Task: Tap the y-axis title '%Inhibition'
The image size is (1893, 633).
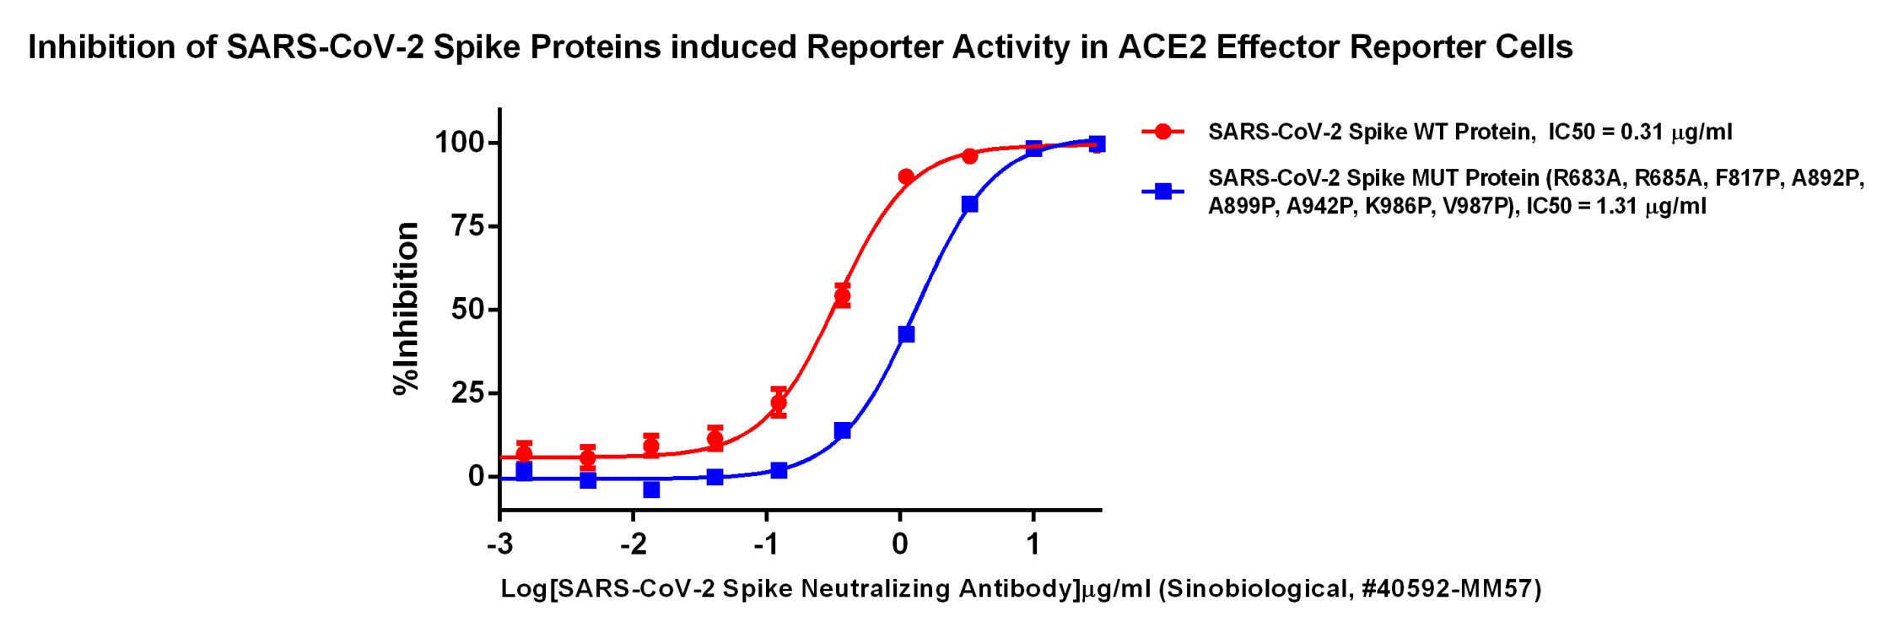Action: (x=407, y=308)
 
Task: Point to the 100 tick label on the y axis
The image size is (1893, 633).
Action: (x=460, y=143)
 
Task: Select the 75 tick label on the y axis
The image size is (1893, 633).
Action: (x=468, y=226)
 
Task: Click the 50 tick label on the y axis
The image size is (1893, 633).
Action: (x=468, y=310)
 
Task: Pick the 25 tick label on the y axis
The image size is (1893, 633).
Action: (x=468, y=393)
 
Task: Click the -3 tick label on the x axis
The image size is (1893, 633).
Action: (x=499, y=545)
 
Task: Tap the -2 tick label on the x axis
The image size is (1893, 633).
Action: (x=633, y=545)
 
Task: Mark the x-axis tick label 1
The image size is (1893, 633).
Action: (x=1033, y=545)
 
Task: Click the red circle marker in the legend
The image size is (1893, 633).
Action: (x=1163, y=132)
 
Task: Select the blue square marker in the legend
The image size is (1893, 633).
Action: (x=1163, y=192)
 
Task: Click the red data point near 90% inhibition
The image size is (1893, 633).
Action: (x=906, y=176)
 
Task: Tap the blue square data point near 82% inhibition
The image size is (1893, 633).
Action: (x=969, y=204)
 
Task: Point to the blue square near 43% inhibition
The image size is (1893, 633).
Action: (x=906, y=334)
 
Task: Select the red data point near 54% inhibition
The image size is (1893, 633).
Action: (x=842, y=296)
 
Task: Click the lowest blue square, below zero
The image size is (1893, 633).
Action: (x=651, y=490)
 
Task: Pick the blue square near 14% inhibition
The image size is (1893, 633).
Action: (x=842, y=431)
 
